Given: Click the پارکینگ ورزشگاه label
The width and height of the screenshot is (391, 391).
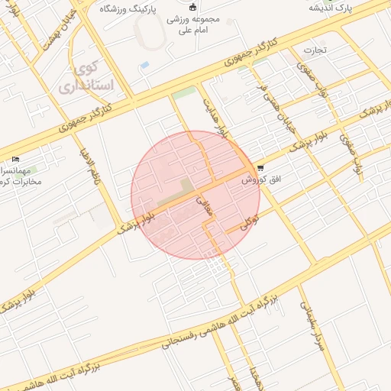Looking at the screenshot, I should point(138,8).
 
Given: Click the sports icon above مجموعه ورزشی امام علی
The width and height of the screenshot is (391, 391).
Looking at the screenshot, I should point(193,8).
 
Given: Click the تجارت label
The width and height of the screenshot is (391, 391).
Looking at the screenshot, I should point(315,51).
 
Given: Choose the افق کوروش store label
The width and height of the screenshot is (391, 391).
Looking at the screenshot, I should point(258,181).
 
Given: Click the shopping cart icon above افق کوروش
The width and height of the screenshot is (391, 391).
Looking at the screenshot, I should point(261,167).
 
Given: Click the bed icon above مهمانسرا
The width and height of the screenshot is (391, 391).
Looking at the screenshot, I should point(16,159).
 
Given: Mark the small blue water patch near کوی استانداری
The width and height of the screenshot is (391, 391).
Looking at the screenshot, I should point(144,65).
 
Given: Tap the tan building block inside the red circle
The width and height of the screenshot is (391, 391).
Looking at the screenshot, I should point(186,186).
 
